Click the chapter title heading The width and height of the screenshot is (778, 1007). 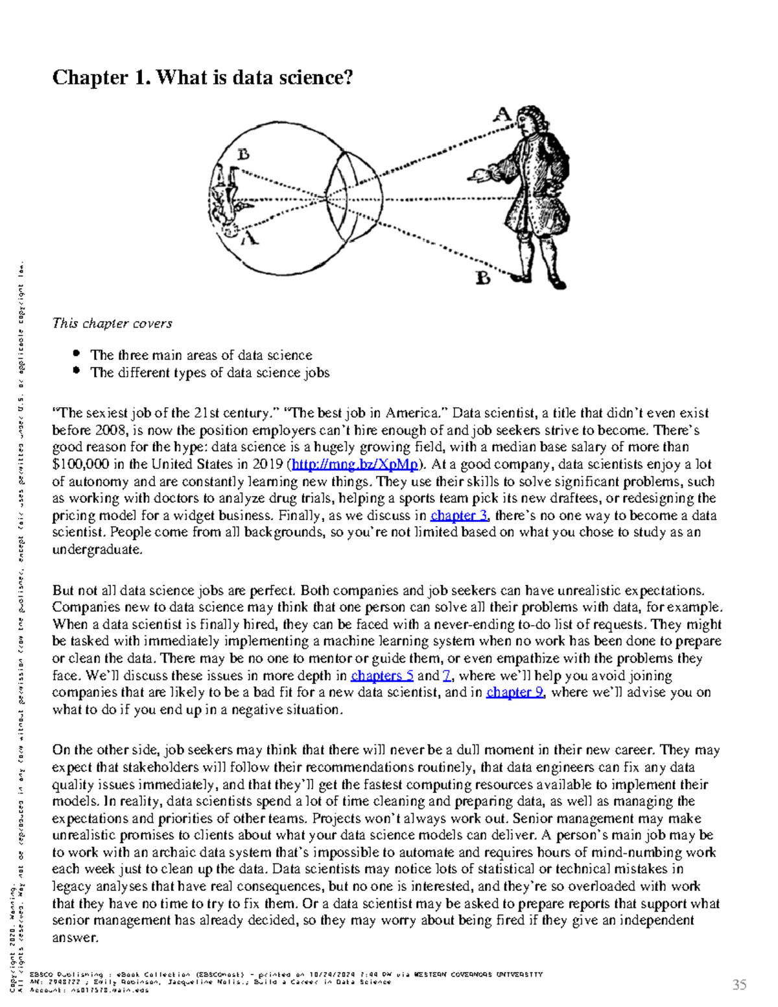point(202,78)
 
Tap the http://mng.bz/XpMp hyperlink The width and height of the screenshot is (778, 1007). point(354,464)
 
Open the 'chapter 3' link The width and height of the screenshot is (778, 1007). point(459,515)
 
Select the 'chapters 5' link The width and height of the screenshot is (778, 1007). point(381,676)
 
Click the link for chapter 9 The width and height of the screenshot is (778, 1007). point(515,693)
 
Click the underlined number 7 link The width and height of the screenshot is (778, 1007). point(447,676)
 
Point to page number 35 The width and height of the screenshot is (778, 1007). point(739,985)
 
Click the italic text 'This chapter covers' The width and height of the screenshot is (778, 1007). point(112,323)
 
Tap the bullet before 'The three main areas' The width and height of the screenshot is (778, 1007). point(77,354)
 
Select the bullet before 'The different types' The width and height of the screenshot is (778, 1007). point(77,372)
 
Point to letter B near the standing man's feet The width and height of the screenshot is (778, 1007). point(483,278)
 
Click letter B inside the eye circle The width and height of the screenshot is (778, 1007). point(243,154)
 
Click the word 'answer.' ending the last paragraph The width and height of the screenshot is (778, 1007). point(75,938)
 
